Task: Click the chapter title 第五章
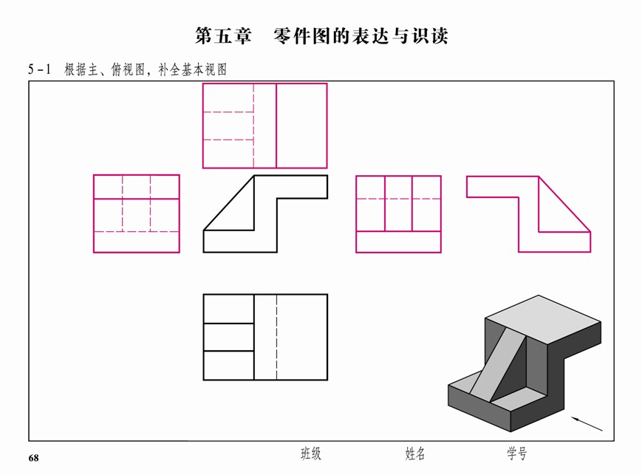pos(223,36)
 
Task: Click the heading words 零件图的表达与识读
pos(361,36)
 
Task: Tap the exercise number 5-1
pos(39,69)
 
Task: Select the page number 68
pos(33,458)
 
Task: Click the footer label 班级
pos(311,454)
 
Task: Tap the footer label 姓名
pos(414,454)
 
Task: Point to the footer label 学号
pos(516,454)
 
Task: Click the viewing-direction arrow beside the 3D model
pos(587,424)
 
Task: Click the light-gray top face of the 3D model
pos(542,319)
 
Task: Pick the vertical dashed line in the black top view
pos(276,337)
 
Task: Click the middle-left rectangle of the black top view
pos(228,337)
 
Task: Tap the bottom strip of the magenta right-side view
pos(398,242)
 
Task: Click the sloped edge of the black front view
pos(229,203)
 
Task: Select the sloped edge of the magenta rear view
pos(564,204)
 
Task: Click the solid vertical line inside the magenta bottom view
pos(276,126)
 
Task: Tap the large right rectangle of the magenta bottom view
pos(301,126)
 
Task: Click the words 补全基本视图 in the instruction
pos(192,69)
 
